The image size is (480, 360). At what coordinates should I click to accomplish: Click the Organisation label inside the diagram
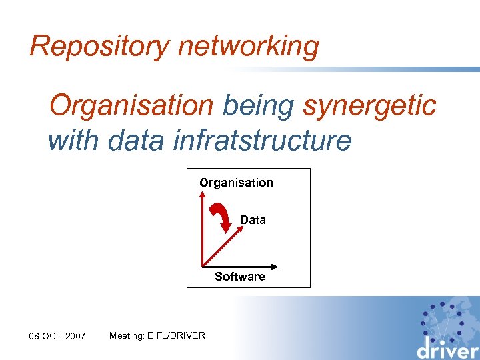pos(236,183)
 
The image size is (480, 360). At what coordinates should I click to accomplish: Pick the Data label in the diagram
pos(253,220)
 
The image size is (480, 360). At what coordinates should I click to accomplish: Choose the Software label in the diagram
pos(240,276)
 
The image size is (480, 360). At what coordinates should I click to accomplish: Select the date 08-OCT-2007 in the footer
pos(58,336)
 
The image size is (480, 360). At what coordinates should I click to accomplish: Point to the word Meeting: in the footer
pos(125,335)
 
